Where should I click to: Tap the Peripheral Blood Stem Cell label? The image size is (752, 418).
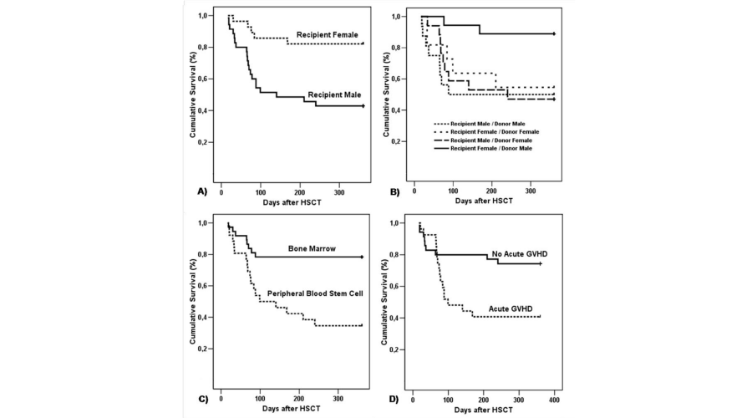[314, 293]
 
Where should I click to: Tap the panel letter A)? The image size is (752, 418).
[202, 191]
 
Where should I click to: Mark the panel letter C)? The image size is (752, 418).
[202, 398]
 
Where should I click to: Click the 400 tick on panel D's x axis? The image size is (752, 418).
[555, 389]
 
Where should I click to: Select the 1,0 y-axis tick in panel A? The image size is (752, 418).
[204, 16]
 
